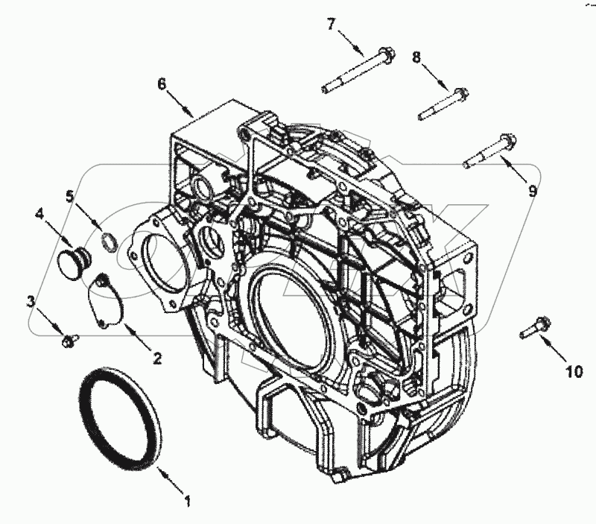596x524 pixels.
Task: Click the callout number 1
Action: pos(187,501)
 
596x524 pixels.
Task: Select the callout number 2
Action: pos(157,358)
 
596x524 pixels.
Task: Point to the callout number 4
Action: pos(39,214)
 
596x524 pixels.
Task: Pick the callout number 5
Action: pos(70,197)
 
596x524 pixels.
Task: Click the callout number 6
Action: pos(162,84)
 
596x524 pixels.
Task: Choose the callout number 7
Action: pos(332,25)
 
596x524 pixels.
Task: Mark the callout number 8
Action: pos(417,57)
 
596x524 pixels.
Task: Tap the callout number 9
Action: pos(533,190)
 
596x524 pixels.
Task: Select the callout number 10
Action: pos(574,371)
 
